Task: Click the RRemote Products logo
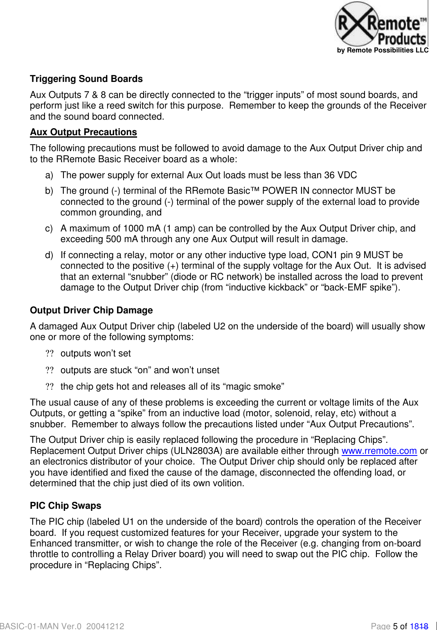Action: point(381,25)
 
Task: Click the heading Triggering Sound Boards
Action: point(86,79)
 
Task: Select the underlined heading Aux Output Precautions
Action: point(83,132)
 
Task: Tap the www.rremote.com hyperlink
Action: point(379,451)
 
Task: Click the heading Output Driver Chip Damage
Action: point(91,310)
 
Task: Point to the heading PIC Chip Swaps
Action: point(65,506)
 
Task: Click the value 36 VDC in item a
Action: point(340,175)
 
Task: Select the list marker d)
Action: point(49,255)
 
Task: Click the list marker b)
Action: point(49,191)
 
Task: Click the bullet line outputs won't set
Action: point(95,354)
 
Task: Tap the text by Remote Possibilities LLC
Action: point(383,50)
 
